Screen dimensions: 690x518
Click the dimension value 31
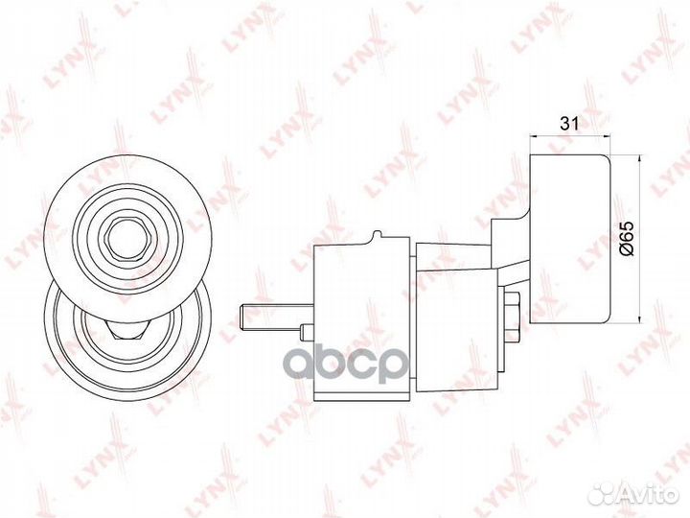tap(569, 124)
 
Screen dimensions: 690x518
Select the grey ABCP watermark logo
tap(345, 364)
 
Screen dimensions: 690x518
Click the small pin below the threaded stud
tap(307, 332)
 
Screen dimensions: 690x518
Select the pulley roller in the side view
tap(569, 239)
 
